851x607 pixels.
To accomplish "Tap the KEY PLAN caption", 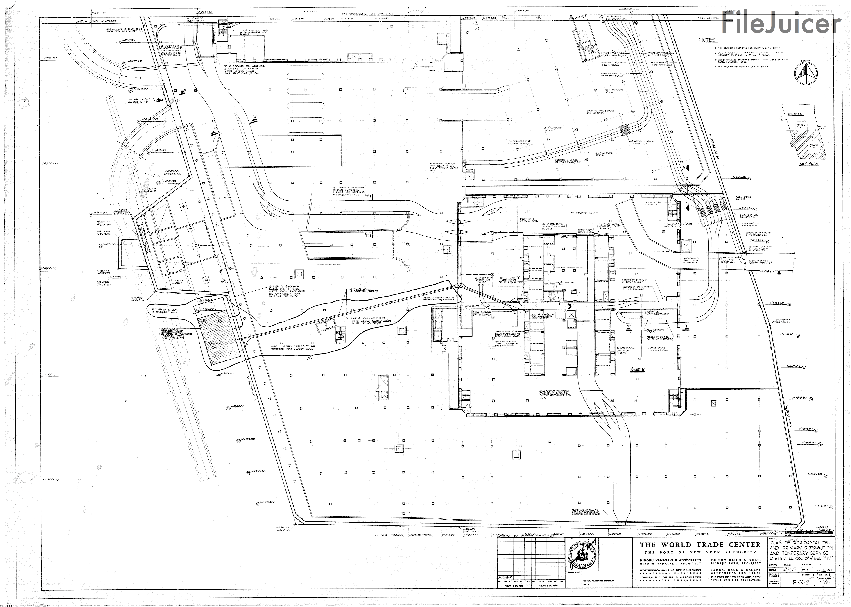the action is point(808,164).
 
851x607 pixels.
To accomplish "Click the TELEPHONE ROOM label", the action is point(584,213).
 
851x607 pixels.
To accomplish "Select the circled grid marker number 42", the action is point(755,210).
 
